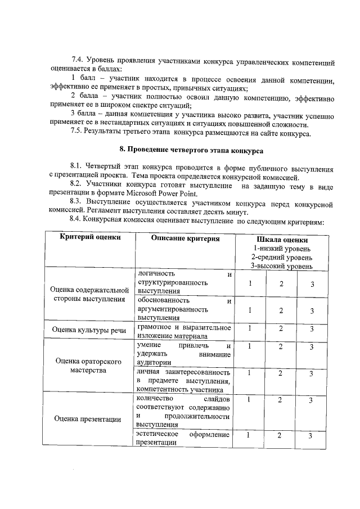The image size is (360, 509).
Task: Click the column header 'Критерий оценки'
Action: [91, 238]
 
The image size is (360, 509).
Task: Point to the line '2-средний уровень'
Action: [282, 256]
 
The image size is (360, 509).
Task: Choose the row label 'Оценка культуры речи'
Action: [88, 330]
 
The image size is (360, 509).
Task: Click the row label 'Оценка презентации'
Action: [88, 418]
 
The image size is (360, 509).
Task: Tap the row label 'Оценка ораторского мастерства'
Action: [88, 367]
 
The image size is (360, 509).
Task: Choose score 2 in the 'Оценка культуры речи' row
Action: [280, 328]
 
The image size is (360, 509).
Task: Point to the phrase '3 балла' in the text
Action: [84, 115]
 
